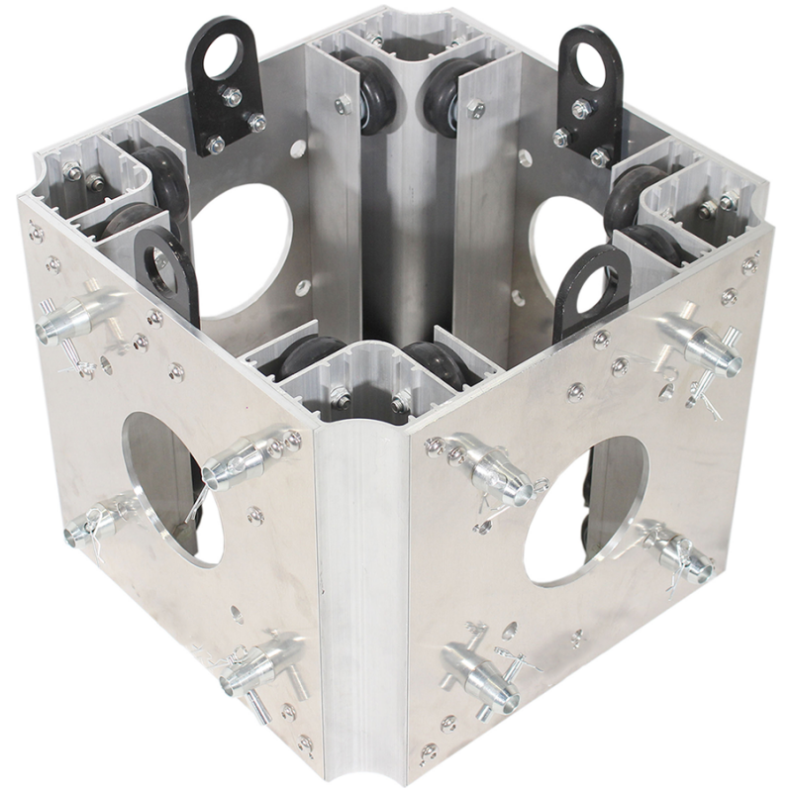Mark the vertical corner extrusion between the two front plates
tap(361, 594)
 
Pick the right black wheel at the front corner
tap(432, 360)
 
